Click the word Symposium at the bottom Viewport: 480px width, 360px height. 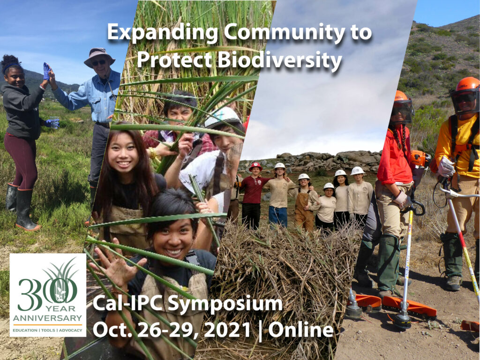pos(225,304)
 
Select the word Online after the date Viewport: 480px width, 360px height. pos(301,330)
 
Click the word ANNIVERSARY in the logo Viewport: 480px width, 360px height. pos(47,318)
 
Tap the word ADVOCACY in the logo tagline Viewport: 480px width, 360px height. pos(70,330)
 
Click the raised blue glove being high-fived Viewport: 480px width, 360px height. pos(47,71)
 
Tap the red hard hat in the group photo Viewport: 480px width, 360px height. pos(255,166)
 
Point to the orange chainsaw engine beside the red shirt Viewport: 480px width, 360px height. pos(420,158)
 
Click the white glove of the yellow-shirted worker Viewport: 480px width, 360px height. pos(446,166)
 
